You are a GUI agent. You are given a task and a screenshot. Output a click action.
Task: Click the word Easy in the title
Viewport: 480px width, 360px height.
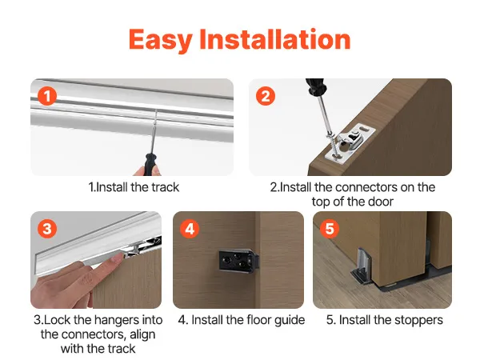click(161, 40)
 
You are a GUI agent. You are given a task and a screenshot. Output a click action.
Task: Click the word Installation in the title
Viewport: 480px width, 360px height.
click(275, 38)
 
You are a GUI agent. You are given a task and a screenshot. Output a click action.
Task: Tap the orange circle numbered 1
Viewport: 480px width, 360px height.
click(47, 96)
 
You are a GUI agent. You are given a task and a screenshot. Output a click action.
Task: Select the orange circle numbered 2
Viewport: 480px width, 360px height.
click(266, 96)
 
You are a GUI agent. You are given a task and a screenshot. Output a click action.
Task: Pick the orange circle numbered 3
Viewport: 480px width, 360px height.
click(47, 229)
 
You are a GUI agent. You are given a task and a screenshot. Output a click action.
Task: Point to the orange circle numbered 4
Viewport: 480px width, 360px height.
click(190, 229)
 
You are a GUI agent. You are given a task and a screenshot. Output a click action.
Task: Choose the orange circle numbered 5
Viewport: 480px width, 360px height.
click(330, 229)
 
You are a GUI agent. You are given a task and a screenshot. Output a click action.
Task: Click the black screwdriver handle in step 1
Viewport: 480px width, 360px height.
click(150, 164)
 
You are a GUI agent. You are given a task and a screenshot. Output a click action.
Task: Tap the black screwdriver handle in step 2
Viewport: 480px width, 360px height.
click(315, 86)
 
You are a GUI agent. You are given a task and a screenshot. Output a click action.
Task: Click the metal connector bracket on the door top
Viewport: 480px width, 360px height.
click(350, 142)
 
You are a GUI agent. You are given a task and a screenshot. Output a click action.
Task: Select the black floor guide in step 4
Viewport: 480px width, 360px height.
click(238, 261)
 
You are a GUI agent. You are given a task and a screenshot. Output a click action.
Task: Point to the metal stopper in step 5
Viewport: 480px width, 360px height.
click(362, 265)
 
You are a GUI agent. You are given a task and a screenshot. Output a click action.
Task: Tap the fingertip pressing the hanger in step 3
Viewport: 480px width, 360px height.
click(116, 258)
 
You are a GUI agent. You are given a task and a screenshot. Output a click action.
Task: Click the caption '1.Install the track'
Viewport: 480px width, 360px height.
click(134, 187)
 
